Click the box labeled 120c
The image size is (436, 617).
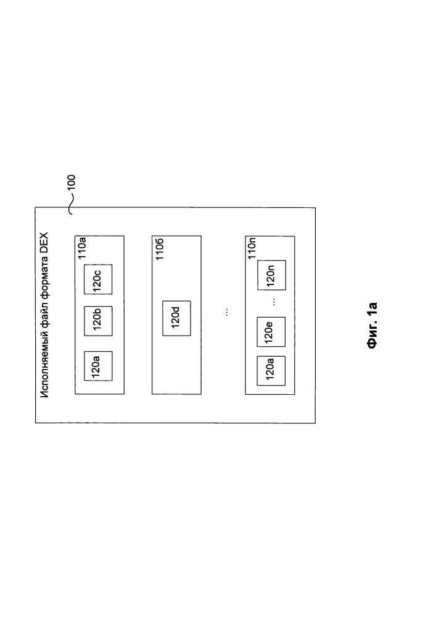click(98, 280)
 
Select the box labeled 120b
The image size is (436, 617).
click(98, 321)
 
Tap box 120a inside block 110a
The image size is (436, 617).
click(98, 366)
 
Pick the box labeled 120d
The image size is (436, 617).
click(176, 318)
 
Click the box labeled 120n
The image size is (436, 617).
click(272, 275)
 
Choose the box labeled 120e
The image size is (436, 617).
click(271, 332)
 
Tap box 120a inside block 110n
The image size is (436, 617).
click(271, 371)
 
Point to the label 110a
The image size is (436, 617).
click(82, 247)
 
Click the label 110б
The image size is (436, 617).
click(159, 249)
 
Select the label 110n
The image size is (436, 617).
click(252, 248)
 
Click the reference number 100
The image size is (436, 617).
click(71, 183)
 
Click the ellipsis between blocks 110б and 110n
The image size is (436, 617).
click(226, 312)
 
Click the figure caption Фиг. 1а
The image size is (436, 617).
click(372, 325)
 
